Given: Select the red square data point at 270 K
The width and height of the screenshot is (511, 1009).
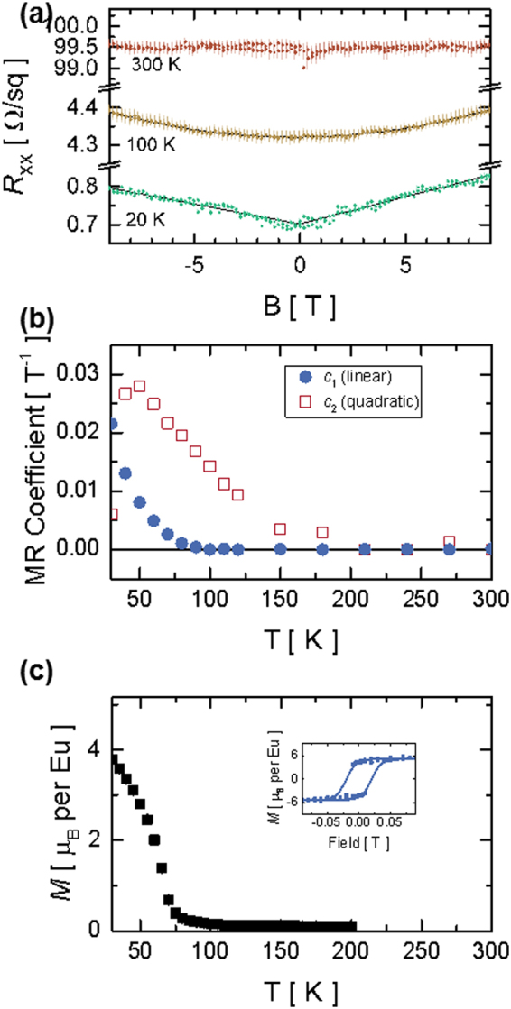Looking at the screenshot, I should [448, 542].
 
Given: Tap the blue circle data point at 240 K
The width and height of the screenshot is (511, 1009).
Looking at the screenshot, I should [406, 549].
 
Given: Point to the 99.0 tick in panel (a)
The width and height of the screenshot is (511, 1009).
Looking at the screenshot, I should [85, 69].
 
